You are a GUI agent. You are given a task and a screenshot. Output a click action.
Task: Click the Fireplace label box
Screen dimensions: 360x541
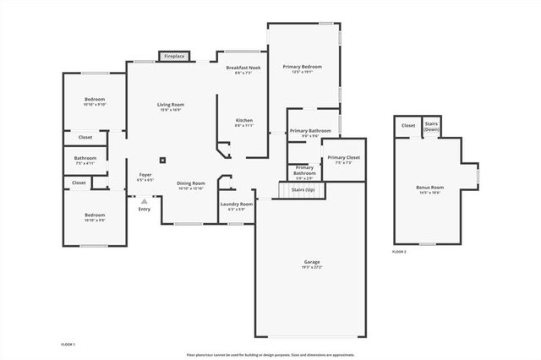tap(174, 56)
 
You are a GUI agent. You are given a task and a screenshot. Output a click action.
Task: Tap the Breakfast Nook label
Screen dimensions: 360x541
tap(248, 68)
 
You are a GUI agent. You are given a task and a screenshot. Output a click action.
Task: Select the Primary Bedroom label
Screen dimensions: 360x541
tap(303, 67)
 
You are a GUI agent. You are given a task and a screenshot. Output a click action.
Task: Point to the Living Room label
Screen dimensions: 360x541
tap(171, 105)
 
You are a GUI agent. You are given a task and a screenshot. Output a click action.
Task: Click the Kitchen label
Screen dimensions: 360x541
tap(243, 121)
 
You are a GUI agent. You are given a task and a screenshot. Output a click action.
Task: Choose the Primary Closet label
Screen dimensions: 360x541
tap(344, 158)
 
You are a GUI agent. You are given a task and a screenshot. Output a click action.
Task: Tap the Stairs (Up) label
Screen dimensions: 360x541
tap(303, 189)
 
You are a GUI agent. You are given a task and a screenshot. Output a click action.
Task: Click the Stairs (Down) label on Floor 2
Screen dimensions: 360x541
tap(431, 126)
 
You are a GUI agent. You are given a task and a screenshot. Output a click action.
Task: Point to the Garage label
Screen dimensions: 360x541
tap(312, 262)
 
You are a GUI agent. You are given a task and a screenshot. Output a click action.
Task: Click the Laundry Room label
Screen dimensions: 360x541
tap(237, 204)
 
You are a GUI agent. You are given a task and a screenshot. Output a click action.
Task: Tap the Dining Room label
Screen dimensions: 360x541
tap(191, 183)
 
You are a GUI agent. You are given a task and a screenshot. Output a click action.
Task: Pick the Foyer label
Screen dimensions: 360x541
tap(145, 175)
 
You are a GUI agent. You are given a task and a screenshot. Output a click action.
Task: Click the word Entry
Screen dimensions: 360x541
tap(145, 209)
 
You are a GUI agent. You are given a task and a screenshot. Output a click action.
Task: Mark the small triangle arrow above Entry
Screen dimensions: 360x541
tap(145, 201)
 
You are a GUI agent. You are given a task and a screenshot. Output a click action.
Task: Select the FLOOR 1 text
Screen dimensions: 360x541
tap(68, 345)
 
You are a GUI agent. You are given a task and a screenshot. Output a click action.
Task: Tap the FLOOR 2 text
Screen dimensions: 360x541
tap(399, 252)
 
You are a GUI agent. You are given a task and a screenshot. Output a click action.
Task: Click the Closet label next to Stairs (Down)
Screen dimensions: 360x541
tap(408, 125)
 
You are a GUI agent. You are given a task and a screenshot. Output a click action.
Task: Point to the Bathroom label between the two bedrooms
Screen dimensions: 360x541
tap(85, 157)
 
